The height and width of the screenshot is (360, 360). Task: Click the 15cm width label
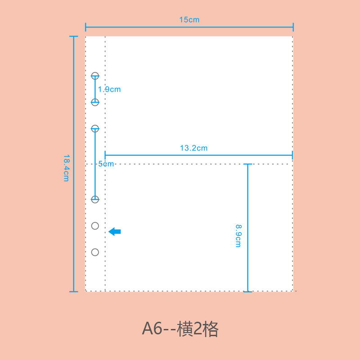coord(189,20)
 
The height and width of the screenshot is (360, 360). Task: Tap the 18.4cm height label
coord(66,168)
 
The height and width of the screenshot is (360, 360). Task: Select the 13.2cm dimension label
coord(193,148)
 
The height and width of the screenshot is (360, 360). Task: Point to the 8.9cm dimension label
coord(238,236)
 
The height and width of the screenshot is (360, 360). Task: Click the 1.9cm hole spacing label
coord(109,89)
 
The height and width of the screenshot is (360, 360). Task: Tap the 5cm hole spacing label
coord(106,164)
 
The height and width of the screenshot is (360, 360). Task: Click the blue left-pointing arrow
coord(115,232)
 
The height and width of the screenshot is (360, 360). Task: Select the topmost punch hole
coord(95,76)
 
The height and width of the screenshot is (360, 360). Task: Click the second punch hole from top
coord(95,102)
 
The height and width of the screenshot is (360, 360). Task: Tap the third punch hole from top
coord(95,129)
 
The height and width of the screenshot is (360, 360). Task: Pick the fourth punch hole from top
coord(95,199)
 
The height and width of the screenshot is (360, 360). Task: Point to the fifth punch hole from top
coord(95,226)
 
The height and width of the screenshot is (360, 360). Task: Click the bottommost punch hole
coord(95,252)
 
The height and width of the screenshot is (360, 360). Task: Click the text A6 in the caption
coord(152,329)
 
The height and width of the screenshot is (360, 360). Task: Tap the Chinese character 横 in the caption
coord(186,329)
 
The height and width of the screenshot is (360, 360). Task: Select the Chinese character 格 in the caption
coord(211,329)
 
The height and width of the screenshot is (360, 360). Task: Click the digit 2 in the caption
coord(198,329)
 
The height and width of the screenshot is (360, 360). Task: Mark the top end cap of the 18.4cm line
coord(74,36)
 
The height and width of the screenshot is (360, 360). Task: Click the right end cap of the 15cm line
coord(293,27)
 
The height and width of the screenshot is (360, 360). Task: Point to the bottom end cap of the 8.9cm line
coord(247,292)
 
